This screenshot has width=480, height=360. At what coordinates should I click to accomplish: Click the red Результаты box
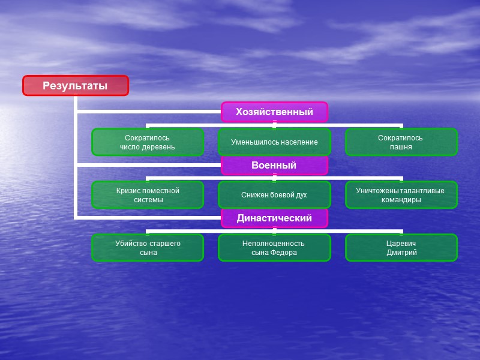(76, 86)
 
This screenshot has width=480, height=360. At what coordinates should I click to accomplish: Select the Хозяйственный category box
(274, 112)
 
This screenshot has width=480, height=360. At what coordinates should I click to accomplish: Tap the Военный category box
(274, 165)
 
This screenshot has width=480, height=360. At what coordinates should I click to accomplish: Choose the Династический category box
(274, 218)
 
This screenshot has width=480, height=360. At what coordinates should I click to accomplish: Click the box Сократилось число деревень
(148, 142)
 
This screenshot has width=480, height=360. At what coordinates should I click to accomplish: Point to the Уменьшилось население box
(274, 142)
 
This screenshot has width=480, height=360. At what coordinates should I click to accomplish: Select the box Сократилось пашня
(401, 142)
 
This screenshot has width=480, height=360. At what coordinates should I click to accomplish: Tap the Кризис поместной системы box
(148, 195)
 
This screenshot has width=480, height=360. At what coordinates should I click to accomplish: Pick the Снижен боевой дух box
(274, 195)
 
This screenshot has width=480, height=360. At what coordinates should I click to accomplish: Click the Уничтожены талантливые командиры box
(401, 195)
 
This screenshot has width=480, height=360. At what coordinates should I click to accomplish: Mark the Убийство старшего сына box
(148, 248)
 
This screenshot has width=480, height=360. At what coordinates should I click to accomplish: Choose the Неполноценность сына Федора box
(274, 248)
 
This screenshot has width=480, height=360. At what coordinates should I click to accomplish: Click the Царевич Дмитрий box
(401, 248)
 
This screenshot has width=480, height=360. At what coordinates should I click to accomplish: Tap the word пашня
(401, 147)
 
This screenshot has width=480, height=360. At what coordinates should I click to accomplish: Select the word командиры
(401, 200)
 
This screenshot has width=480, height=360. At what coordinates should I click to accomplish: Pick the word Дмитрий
(401, 253)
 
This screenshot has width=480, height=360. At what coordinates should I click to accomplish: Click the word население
(296, 142)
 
